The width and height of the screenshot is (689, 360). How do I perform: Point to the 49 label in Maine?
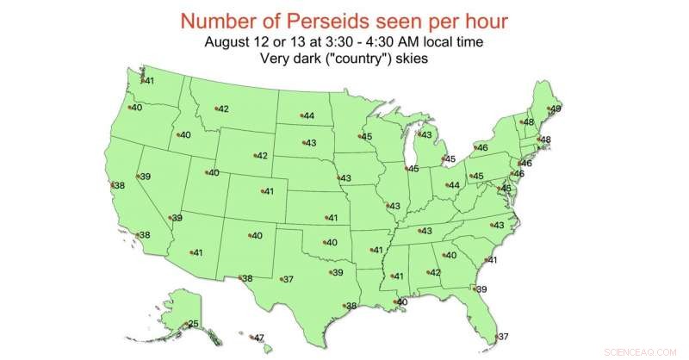tap(556, 109)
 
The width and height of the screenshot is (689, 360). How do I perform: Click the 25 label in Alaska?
tap(194, 324)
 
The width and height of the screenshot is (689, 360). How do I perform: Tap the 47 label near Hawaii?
tap(258, 338)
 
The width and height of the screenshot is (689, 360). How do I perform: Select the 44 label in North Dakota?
tap(308, 116)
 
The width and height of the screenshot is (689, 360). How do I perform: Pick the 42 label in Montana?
tap(222, 109)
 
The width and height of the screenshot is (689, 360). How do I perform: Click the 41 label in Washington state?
tap(148, 81)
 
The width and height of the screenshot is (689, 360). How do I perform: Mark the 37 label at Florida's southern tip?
tap(504, 336)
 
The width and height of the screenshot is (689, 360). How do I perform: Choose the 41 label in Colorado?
tap(268, 191)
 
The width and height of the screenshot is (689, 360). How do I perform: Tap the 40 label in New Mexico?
tap(256, 235)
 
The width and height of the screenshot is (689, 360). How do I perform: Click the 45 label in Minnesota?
tap(366, 136)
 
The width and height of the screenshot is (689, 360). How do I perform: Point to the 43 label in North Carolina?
tap(498, 225)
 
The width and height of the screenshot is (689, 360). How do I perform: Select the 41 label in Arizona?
tap(197, 252)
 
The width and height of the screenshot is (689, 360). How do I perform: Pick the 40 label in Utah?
tap(214, 173)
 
